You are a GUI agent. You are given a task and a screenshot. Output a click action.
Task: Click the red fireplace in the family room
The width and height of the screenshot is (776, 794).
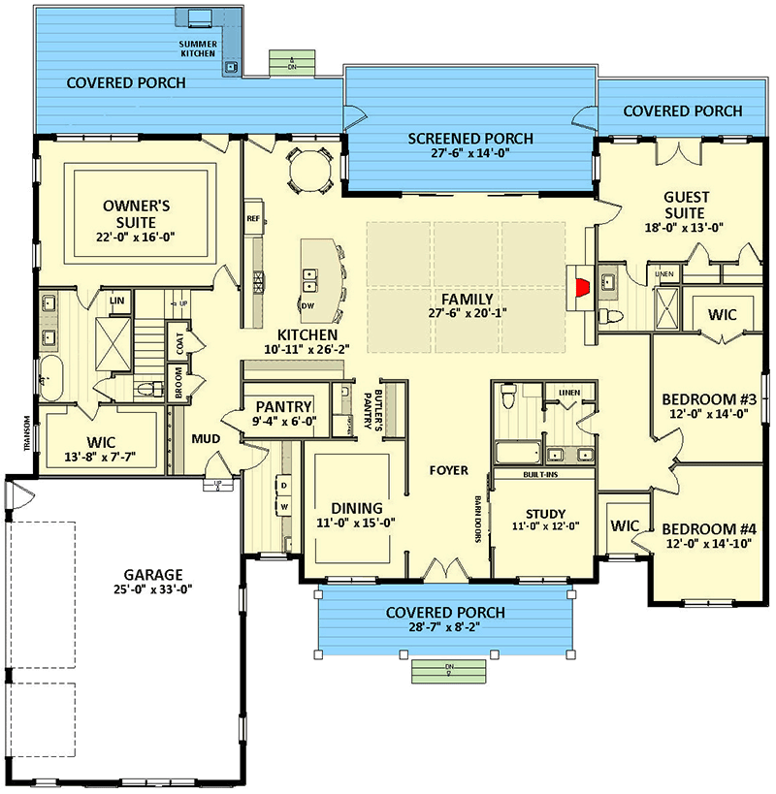[583, 288]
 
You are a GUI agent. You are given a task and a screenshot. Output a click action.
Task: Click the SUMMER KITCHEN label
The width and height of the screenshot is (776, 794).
[205, 51]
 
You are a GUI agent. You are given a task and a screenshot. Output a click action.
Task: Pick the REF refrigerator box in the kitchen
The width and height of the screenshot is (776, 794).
[253, 218]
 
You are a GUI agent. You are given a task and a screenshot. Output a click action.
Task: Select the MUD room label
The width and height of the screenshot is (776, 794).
[206, 439]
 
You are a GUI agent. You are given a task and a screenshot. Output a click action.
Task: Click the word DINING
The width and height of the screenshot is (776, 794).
[357, 507]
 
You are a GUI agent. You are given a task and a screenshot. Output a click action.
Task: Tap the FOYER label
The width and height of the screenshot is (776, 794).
[449, 470]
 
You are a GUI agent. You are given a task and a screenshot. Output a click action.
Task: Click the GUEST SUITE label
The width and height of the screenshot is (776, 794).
[684, 204]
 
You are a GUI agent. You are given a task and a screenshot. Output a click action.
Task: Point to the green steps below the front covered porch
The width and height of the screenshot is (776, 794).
[448, 670]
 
